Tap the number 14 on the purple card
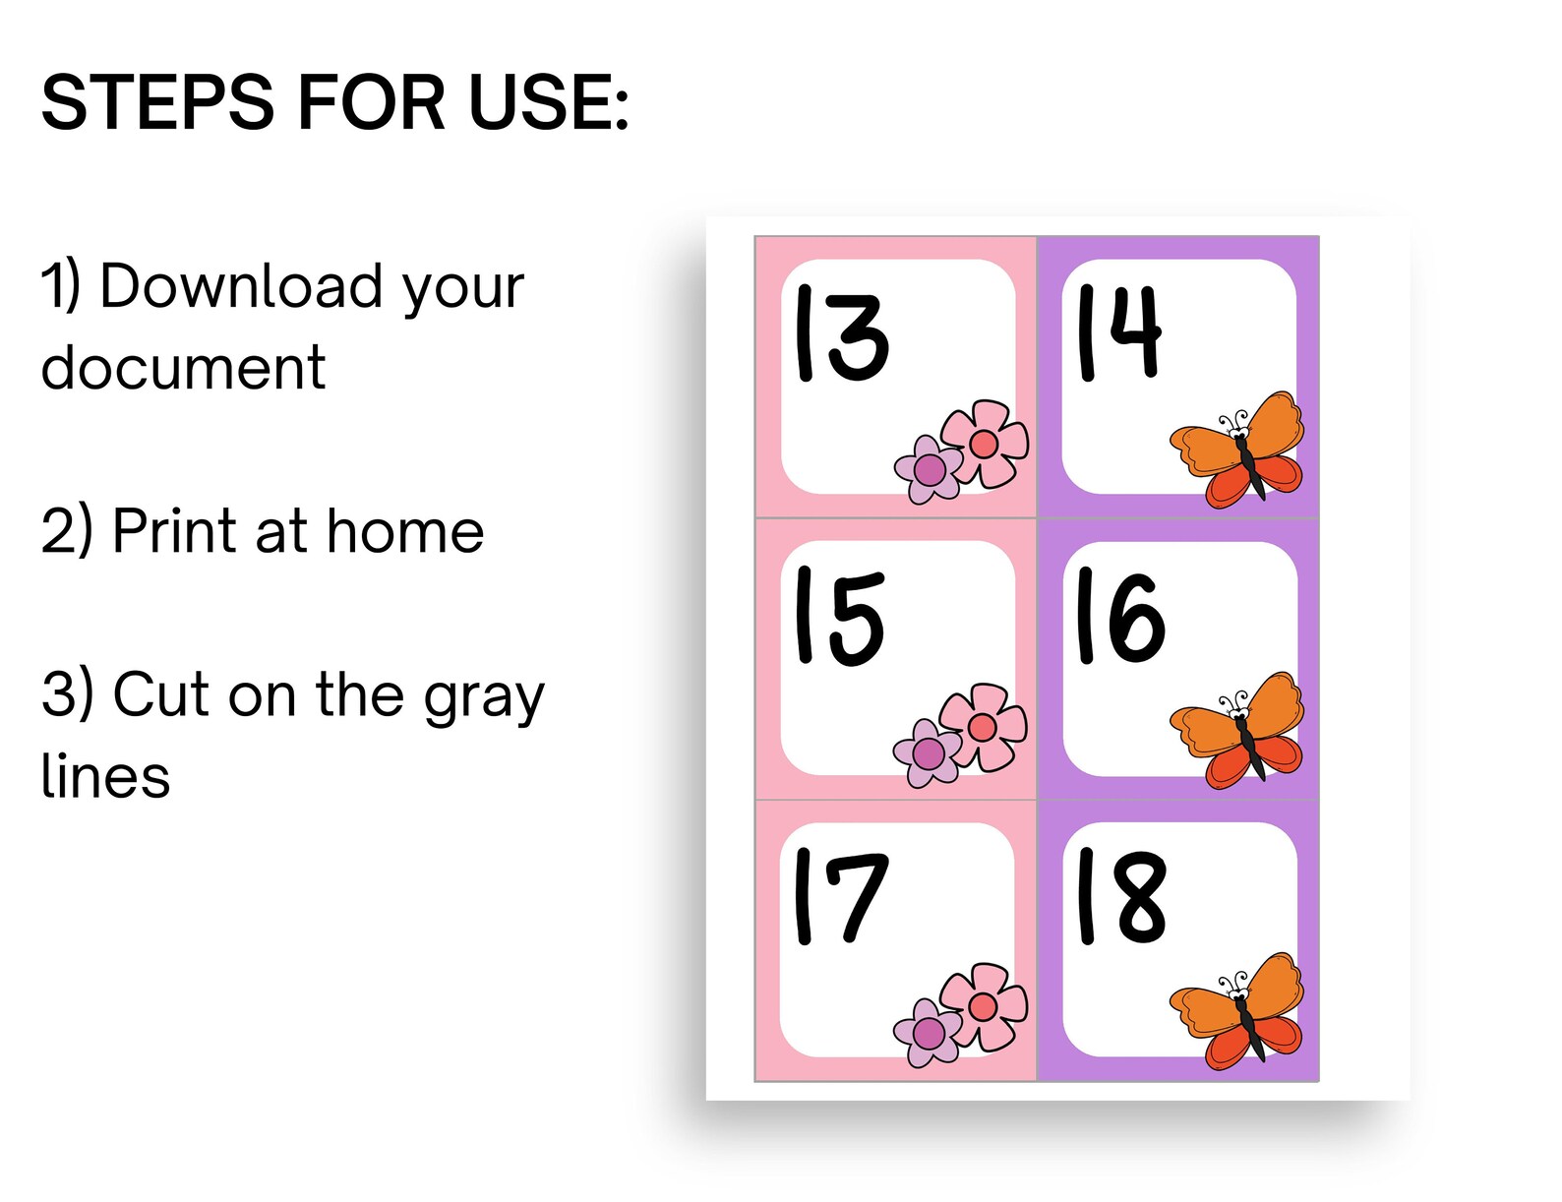pyautogui.click(x=1119, y=331)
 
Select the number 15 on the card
pyautogui.click(x=839, y=617)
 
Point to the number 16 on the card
pyautogui.click(x=1119, y=617)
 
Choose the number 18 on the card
pyautogui.click(x=1121, y=897)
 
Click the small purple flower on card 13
pyautogui.click(x=928, y=470)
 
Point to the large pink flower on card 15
pyautogui.click(x=983, y=726)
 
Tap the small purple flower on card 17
pyautogui.click(x=927, y=1033)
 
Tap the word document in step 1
pyautogui.click(x=183, y=368)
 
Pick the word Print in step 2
pyautogui.click(x=173, y=531)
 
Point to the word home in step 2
pyautogui.click(x=404, y=531)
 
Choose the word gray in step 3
pyautogui.click(x=483, y=697)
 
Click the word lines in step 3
pyautogui.click(x=105, y=776)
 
